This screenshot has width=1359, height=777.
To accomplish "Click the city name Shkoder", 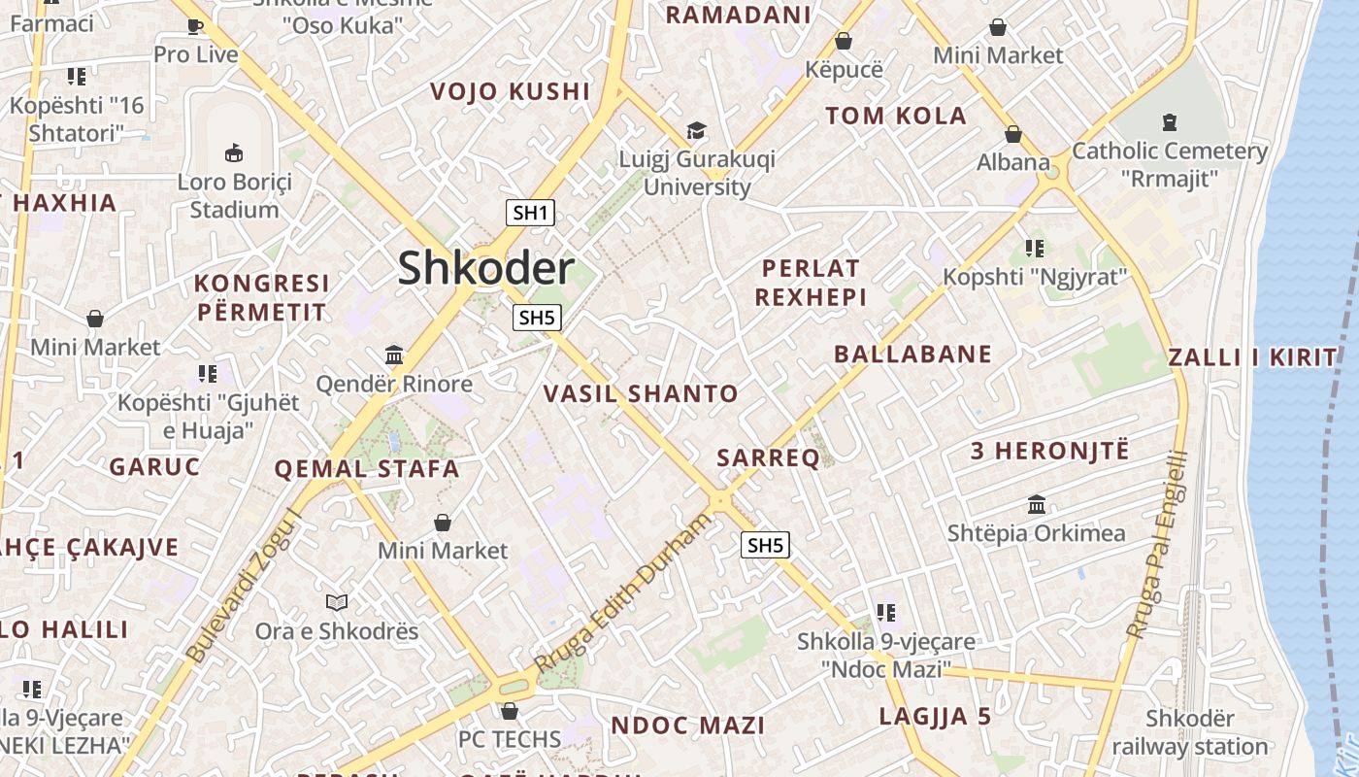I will pyautogui.click(x=485, y=268).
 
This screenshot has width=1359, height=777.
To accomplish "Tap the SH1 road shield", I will pyautogui.click(x=530, y=213).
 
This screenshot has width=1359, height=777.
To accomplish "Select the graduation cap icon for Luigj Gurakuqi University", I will pyautogui.click(x=696, y=130).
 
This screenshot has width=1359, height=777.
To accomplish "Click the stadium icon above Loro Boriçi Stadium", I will pyautogui.click(x=234, y=152).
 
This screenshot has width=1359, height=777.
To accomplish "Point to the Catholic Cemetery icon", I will pyautogui.click(x=1169, y=122).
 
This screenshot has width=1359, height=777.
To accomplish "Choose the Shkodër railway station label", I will pyautogui.click(x=1190, y=733).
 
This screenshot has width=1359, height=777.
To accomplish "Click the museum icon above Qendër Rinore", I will pyautogui.click(x=394, y=355).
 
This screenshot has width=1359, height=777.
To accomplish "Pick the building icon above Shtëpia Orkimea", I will pyautogui.click(x=1036, y=505).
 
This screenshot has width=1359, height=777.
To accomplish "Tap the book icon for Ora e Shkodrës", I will pyautogui.click(x=336, y=602).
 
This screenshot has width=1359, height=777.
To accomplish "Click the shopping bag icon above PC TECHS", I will pyautogui.click(x=509, y=711).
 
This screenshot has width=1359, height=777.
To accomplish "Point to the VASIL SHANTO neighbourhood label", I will pyautogui.click(x=641, y=393).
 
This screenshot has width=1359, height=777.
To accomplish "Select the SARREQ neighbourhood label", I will pyautogui.click(x=768, y=458).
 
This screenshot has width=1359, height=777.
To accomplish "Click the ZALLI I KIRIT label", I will pyautogui.click(x=1252, y=357).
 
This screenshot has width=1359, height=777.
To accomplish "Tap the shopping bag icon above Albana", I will pyautogui.click(x=1013, y=134).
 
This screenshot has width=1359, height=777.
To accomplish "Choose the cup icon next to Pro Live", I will pyautogui.click(x=195, y=26).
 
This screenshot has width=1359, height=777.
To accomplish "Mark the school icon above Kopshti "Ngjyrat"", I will pyautogui.click(x=1035, y=249).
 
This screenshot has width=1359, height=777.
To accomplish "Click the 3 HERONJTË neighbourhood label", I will pyautogui.click(x=1050, y=451).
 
